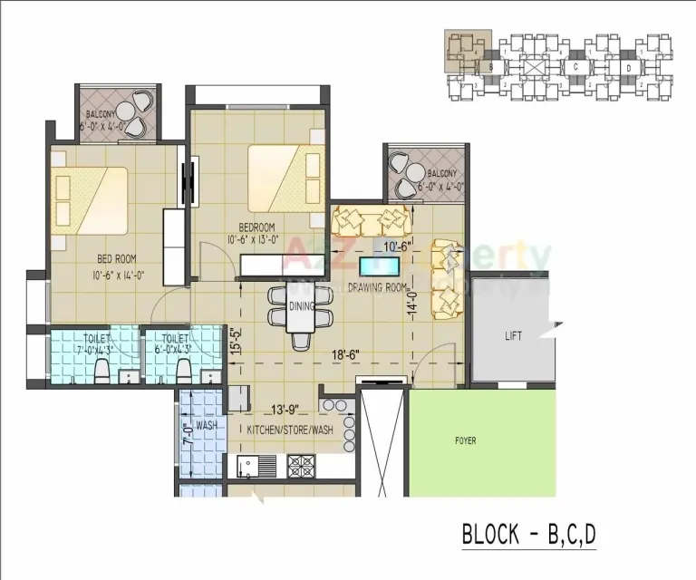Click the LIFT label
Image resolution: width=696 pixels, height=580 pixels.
[x=513, y=336]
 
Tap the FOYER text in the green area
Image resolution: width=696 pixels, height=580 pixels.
[x=466, y=441]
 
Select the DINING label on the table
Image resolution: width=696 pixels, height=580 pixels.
[x=301, y=307]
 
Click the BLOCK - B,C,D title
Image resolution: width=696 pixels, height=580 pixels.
[x=529, y=534]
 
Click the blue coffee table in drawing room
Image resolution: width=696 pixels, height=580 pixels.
[x=379, y=266]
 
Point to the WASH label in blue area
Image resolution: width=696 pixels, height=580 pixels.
[x=206, y=424]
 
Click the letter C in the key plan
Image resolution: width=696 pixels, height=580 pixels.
[x=575, y=66]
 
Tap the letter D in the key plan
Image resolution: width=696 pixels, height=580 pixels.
[x=627, y=67]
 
